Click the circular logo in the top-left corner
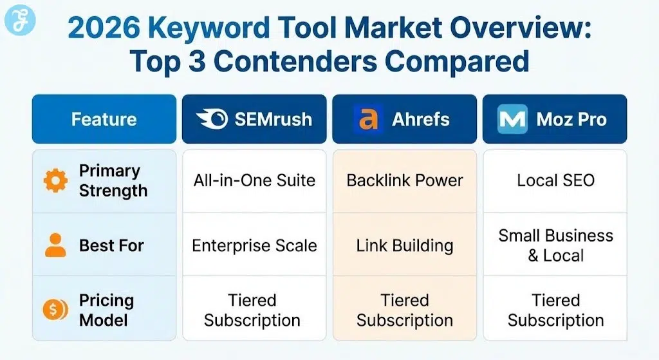coord(20,21)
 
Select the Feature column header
coord(104,119)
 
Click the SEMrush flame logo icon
coord(210,119)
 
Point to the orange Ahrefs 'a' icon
coord(368,119)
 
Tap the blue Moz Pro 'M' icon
coord(512,119)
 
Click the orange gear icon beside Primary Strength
coord(55,181)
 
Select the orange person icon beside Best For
coord(55,245)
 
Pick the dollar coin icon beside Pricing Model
coord(55,310)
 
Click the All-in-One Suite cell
coord(254,180)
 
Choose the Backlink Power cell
coord(404,180)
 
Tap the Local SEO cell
coord(555,180)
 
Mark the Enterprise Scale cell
coord(254,245)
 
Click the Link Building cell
coord(404,245)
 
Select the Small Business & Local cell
coord(555,245)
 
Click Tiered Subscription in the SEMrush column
coord(252,310)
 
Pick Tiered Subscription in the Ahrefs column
coord(404,310)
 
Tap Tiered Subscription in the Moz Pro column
coord(555,310)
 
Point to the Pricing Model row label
coord(106,310)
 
